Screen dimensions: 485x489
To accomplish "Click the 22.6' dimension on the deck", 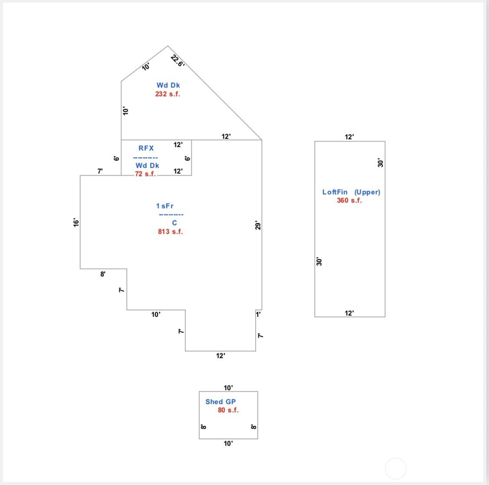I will click(177, 61).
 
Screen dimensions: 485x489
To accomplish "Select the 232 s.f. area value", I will click(167, 94).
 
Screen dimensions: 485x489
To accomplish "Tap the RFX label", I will click(146, 148).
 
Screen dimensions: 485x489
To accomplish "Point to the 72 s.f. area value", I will click(145, 174).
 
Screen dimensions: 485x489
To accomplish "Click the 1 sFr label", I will click(165, 206).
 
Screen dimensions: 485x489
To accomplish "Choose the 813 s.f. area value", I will click(171, 231).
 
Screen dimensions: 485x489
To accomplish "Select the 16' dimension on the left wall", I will click(76, 222).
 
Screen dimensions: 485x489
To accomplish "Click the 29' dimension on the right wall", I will click(258, 226).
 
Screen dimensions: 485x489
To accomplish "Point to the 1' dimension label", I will click(258, 314).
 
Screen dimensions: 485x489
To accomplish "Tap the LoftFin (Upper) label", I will click(351, 192).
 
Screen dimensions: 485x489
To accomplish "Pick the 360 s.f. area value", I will click(349, 200).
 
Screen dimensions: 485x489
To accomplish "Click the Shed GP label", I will click(220, 402).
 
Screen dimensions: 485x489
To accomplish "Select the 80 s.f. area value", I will click(228, 410).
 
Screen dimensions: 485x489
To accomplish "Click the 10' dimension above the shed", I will click(228, 388).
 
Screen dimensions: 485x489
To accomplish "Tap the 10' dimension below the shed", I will click(228, 443).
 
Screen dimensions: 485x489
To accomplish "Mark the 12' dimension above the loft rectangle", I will click(349, 137).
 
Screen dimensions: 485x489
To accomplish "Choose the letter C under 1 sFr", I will click(174, 223).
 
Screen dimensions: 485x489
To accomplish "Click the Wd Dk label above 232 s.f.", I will click(168, 85).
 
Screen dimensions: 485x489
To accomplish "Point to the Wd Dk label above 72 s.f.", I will click(148, 165).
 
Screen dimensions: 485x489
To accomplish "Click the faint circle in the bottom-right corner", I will click(396, 469).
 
